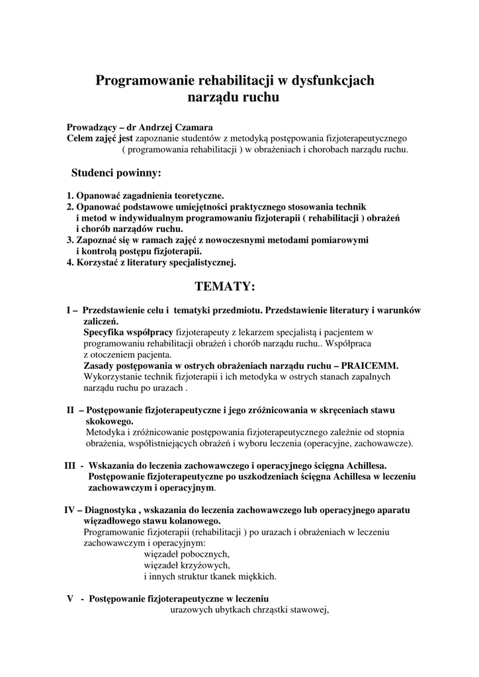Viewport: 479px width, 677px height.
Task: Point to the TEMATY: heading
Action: click(225, 286)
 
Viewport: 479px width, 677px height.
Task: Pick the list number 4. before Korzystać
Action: click(70, 262)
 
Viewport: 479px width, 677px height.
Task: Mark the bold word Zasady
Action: click(99, 366)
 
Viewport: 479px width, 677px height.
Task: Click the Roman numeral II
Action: click(71, 411)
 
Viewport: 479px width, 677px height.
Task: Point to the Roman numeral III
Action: click(70, 466)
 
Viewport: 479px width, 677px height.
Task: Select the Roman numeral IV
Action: click(69, 510)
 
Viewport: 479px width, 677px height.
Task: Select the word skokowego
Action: click(110, 421)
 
